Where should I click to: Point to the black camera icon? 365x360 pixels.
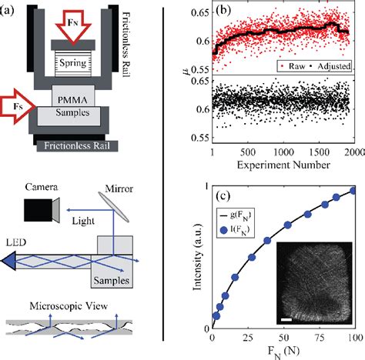click(x=37, y=208)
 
